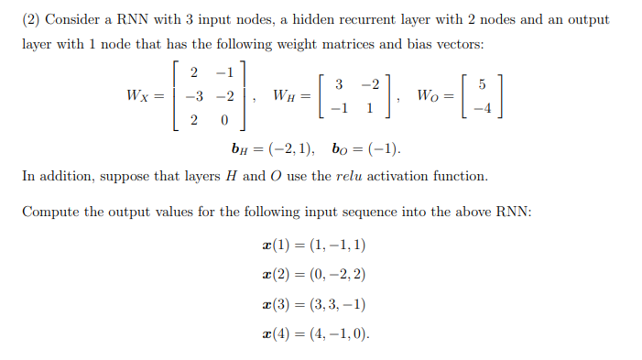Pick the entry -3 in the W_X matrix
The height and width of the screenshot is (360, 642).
click(195, 96)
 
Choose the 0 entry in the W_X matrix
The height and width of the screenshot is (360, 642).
click(223, 120)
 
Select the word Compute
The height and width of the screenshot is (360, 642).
click(49, 213)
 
